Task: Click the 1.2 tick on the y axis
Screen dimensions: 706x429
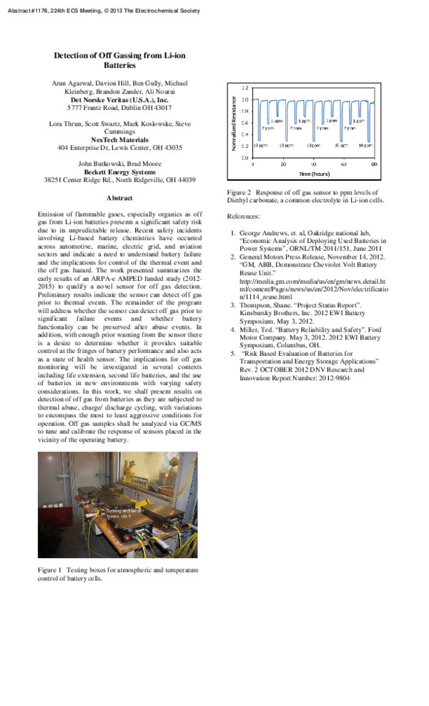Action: click(x=245, y=87)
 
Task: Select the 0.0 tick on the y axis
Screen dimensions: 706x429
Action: click(x=245, y=157)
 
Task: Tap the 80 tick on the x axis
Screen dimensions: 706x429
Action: click(x=374, y=164)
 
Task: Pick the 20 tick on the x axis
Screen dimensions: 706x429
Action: click(x=283, y=164)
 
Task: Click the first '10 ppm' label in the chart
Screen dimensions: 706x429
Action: click(x=260, y=145)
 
